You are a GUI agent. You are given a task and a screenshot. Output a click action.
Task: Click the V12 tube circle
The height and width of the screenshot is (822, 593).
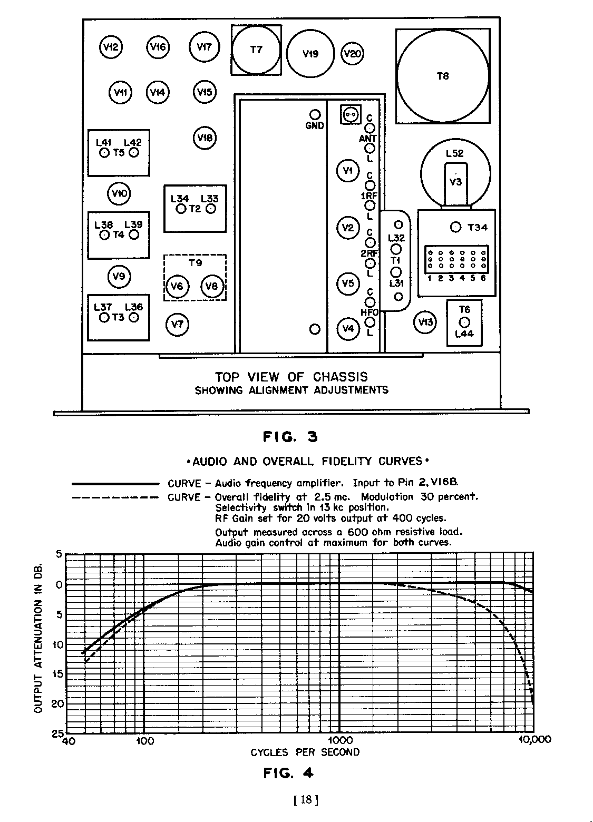(x=111, y=47)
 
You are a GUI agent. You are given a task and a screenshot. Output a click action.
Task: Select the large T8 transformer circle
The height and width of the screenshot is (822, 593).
(x=443, y=76)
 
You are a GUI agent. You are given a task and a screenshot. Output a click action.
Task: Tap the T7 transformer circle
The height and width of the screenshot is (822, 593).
(x=256, y=50)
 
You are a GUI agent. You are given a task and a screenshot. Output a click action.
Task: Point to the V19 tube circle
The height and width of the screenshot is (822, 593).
(x=310, y=53)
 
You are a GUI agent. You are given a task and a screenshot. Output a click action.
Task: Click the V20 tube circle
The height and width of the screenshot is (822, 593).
(x=352, y=53)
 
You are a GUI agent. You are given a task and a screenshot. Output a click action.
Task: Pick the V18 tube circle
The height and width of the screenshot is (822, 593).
(x=205, y=138)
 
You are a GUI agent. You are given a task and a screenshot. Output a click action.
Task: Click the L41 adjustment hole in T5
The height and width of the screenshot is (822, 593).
(x=104, y=153)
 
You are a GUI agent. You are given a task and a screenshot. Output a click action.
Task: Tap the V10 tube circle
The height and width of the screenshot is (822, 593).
(x=119, y=193)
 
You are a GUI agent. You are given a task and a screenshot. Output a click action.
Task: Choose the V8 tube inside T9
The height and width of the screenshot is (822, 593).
(x=212, y=286)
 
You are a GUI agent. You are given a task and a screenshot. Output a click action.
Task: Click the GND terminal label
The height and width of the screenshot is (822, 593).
(x=315, y=126)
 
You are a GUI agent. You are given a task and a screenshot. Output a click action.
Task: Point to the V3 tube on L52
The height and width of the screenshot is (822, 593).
(x=455, y=182)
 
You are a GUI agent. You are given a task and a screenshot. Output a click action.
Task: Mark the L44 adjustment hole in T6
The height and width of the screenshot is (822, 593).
(x=464, y=322)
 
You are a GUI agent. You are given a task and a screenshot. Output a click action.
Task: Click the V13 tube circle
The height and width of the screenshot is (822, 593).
(x=425, y=322)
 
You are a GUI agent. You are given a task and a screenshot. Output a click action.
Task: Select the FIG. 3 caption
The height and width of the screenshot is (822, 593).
(x=290, y=437)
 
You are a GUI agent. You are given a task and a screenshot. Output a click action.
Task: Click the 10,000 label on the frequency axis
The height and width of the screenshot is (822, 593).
(x=534, y=740)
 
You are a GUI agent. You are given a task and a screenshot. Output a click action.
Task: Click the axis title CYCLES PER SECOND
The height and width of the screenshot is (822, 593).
(x=305, y=752)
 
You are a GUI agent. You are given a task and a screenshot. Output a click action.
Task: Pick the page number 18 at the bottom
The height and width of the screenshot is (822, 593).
(x=305, y=800)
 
